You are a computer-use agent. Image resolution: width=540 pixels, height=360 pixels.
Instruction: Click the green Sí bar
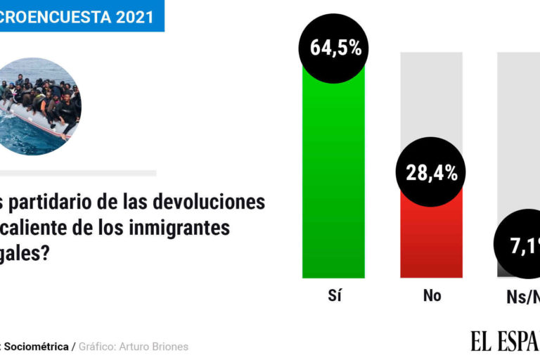click(333, 176)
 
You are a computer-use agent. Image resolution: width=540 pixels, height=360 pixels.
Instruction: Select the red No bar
click(431, 239)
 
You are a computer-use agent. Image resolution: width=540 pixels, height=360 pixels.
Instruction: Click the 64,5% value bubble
click(335, 48)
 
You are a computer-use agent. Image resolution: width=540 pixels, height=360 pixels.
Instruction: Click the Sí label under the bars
click(334, 295)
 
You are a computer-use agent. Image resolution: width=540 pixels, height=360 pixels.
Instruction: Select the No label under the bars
click(432, 295)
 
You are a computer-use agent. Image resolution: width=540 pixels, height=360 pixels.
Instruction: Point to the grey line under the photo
click(77, 173)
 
